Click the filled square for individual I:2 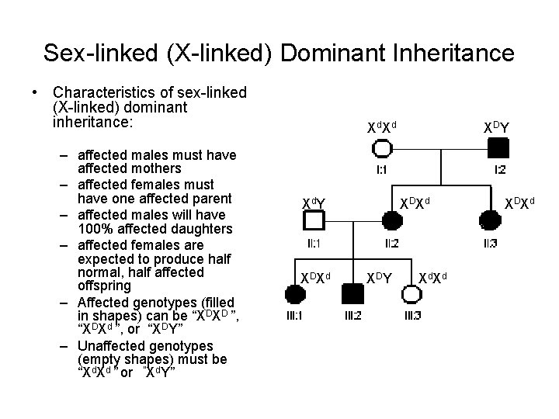pos(498,146)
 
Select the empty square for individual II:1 pos(314,222)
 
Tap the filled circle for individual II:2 pos(391,222)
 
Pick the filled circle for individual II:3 pos(490,222)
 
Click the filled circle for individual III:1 pos(295,294)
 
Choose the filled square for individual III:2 pos(352,294)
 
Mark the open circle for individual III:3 pos(411,294)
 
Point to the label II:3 pos(490,244)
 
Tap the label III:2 pos(352,315)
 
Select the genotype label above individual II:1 pos(313,203)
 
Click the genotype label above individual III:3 pos(433,277)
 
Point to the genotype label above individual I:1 pos(382,126)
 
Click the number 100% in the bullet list pos(94,229)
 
